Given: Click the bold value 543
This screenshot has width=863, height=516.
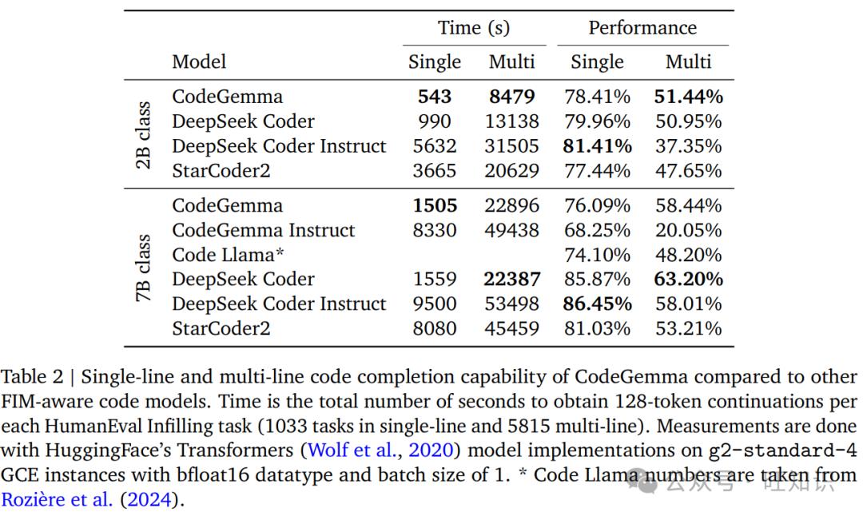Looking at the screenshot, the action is coord(434,97).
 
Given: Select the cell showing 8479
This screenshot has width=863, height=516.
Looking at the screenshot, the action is coord(512,97).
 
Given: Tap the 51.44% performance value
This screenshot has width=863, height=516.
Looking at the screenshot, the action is coord(688,97).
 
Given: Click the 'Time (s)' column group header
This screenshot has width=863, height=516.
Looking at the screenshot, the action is coord(474,27).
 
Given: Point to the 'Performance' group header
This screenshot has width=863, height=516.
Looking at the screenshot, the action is coord(642,27).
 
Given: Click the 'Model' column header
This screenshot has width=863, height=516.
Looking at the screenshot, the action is coord(199,62).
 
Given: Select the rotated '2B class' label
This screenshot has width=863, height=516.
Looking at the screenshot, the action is coord(142,135).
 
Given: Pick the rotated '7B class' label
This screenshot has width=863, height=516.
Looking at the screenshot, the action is coord(142,268).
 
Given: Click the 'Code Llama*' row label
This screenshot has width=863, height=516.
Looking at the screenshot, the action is coord(228,255).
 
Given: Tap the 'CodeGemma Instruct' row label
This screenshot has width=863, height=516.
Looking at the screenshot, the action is coord(263,230).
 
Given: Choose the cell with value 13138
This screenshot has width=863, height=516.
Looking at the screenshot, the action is coord(512,121).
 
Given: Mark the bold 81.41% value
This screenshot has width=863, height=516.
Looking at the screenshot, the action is coord(597,146).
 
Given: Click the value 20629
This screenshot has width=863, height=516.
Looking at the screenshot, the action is coord(512,170).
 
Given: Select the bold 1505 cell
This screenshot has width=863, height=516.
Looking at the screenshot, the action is coord(435,206).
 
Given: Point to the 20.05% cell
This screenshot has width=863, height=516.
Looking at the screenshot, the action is coord(688,230).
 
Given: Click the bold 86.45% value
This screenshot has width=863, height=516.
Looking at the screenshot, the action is coord(597,304).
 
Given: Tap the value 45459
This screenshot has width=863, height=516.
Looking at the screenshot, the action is coord(512,328).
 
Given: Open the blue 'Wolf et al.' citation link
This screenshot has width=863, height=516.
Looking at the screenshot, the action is coord(352,450).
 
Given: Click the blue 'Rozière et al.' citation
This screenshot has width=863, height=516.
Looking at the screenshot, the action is coord(57,499).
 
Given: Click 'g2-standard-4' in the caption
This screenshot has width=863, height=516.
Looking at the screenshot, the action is coord(782,451).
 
